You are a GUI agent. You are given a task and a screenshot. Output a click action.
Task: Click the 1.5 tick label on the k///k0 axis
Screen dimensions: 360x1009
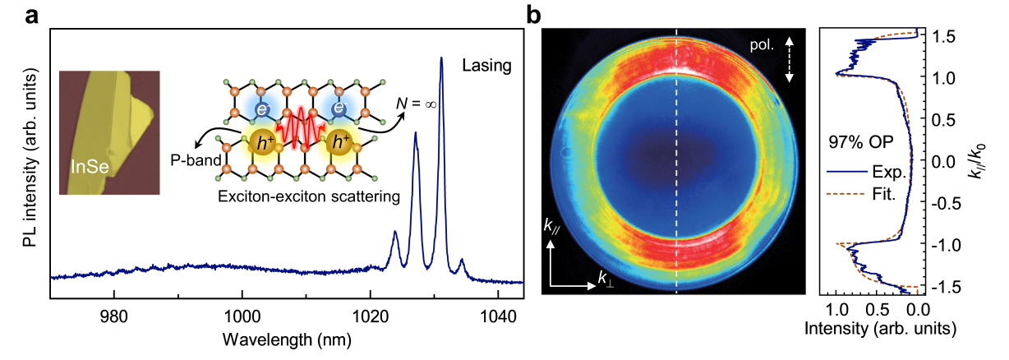(942, 35)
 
